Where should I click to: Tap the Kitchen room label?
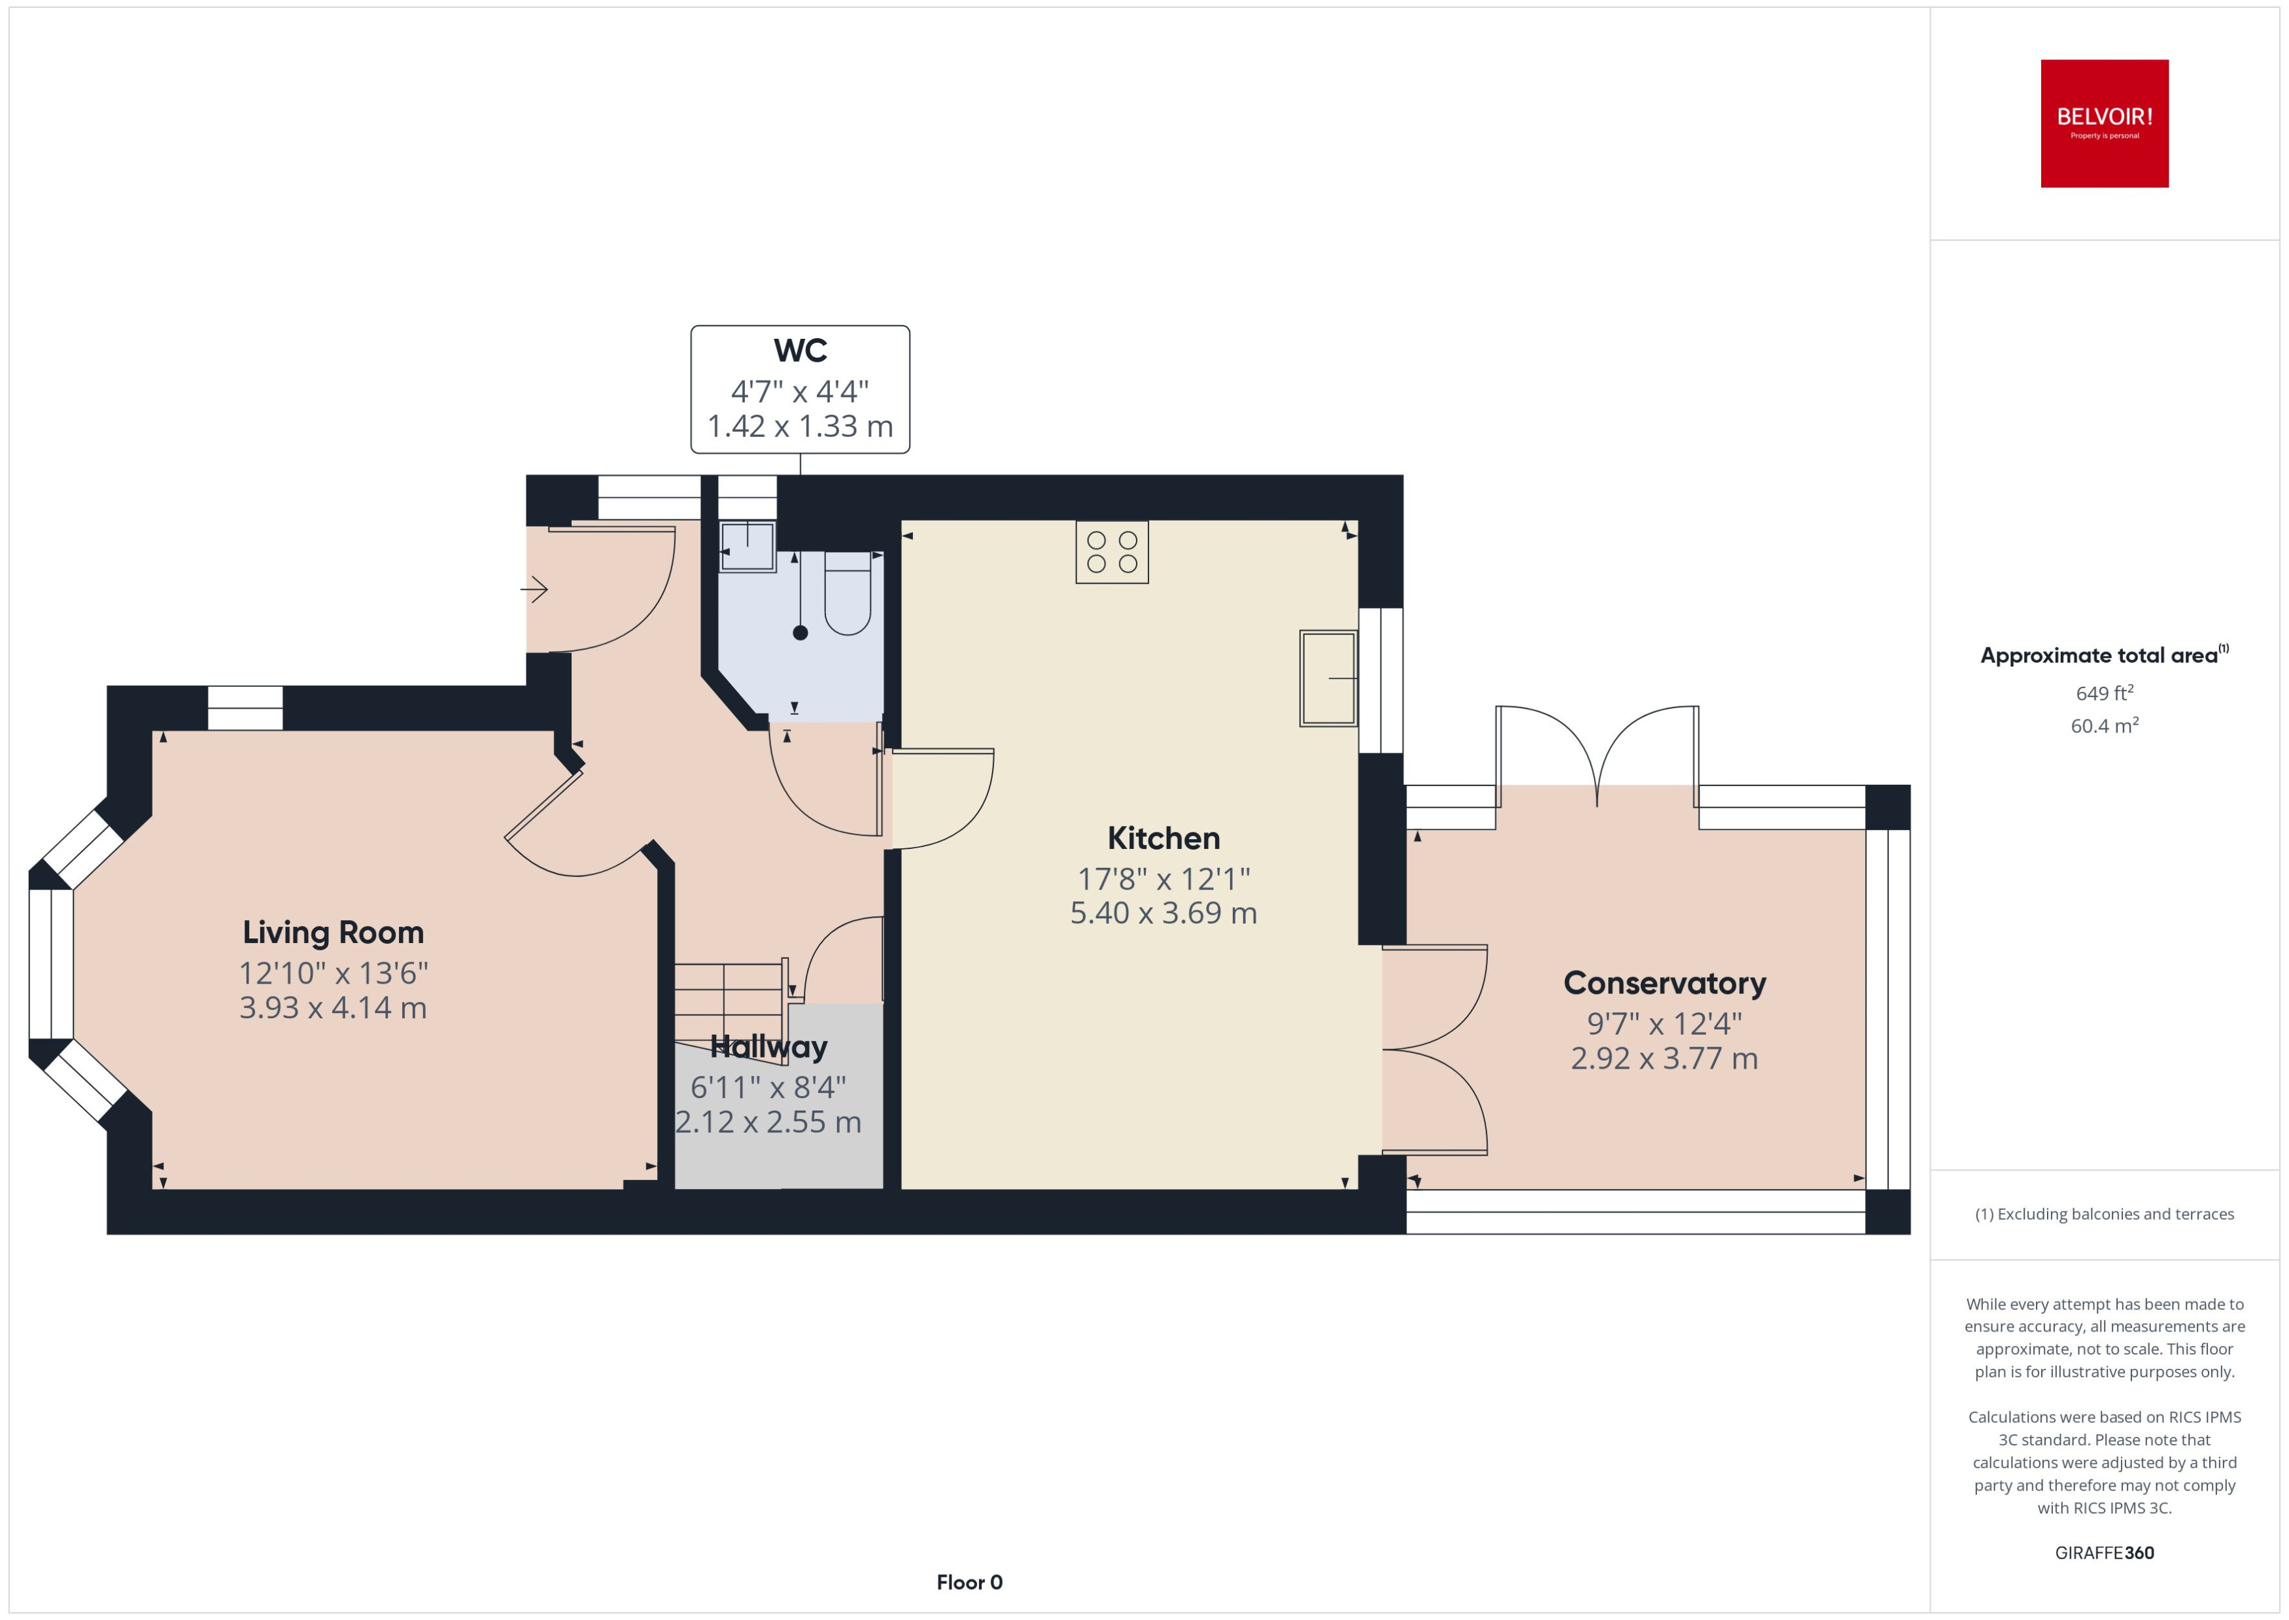(x=1163, y=838)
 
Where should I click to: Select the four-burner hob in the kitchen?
(x=1111, y=551)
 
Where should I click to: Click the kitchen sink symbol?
(x=1328, y=678)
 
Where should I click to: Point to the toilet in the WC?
(x=848, y=594)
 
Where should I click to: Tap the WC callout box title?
(x=800, y=351)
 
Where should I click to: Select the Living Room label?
(x=333, y=932)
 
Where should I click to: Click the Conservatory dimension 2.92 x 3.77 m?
(x=1664, y=1058)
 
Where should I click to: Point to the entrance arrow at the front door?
(x=534, y=589)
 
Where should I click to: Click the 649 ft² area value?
(x=2103, y=693)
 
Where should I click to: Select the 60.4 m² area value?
(x=2103, y=726)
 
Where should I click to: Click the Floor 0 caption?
(x=969, y=1582)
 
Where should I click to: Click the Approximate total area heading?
(x=2103, y=655)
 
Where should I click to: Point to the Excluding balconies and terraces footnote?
(x=2103, y=1214)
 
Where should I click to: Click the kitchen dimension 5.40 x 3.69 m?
(x=1163, y=913)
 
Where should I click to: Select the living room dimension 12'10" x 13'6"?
(x=333, y=973)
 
